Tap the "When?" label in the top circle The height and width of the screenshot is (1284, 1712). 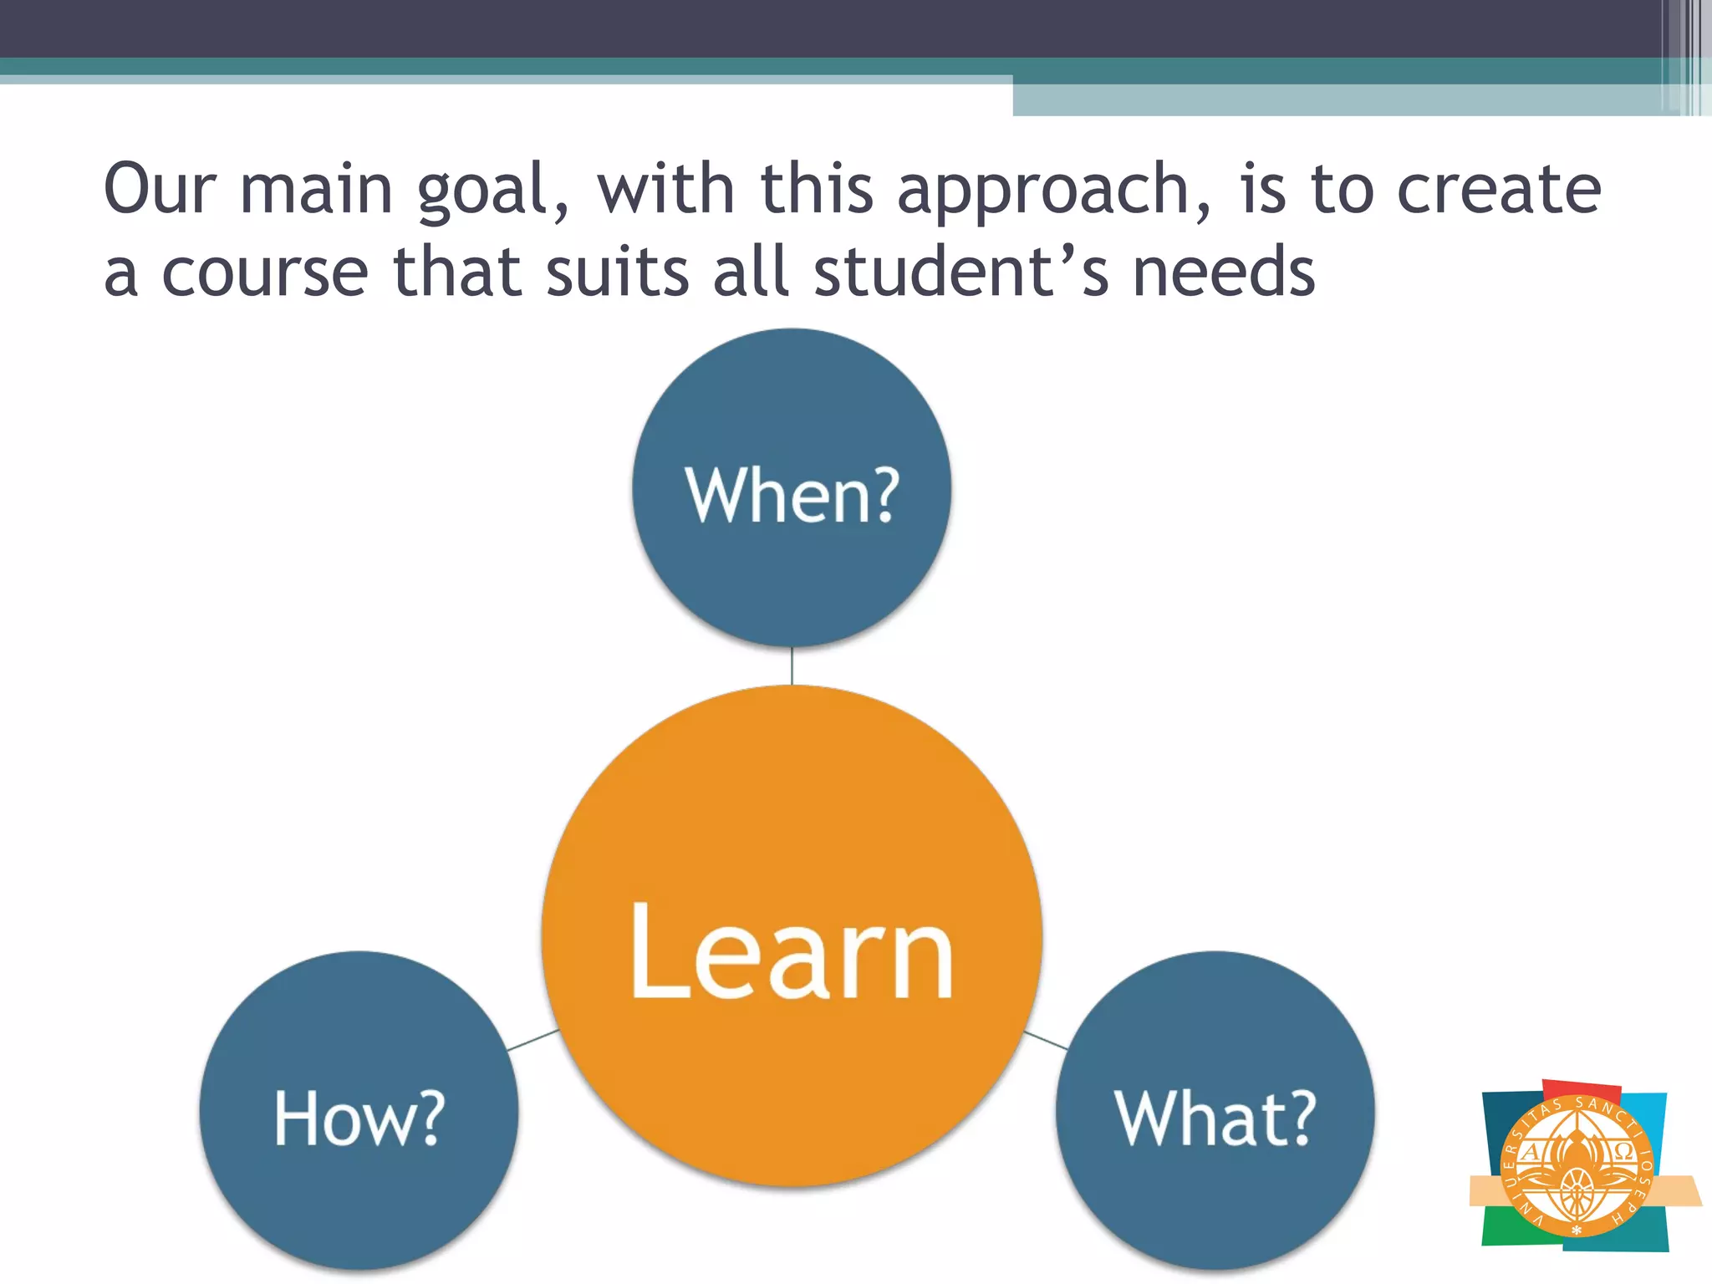tap(791, 495)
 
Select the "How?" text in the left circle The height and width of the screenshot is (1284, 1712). tap(359, 1118)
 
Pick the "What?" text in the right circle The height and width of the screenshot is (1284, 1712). tap(1215, 1118)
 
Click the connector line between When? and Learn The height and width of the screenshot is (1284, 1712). tap(792, 666)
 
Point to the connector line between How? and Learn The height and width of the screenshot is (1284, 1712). tap(533, 1040)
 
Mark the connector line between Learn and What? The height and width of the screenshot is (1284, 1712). tap(1046, 1040)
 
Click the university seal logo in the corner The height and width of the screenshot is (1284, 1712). tap(1576, 1165)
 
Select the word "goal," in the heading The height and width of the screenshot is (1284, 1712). tap(493, 192)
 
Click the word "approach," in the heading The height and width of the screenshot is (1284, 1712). tap(1053, 192)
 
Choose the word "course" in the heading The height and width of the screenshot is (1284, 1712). tap(264, 273)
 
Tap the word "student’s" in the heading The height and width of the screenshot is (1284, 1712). tap(961, 273)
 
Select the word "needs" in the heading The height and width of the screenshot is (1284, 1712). tap(1224, 273)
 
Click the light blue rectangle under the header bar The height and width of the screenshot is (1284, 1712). tap(1337, 100)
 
